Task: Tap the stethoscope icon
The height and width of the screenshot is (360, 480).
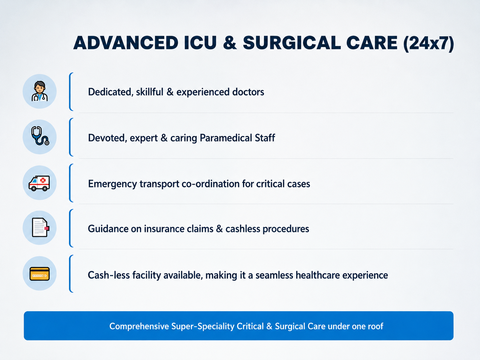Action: coord(40,136)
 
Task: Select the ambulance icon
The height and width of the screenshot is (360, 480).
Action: coord(39,183)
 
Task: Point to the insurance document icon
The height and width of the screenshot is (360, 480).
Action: coord(40,227)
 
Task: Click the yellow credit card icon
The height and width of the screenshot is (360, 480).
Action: coord(39,274)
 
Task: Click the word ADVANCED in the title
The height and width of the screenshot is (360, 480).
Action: coord(126,43)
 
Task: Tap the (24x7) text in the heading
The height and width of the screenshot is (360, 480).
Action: coord(428,43)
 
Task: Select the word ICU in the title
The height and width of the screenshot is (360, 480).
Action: coord(200,43)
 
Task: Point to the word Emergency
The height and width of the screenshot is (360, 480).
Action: coord(112,184)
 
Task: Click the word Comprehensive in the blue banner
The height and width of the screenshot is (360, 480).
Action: coord(139,326)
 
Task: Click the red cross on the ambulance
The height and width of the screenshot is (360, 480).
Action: coord(43,180)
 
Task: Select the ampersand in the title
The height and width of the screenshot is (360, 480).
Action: coord(230,43)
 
